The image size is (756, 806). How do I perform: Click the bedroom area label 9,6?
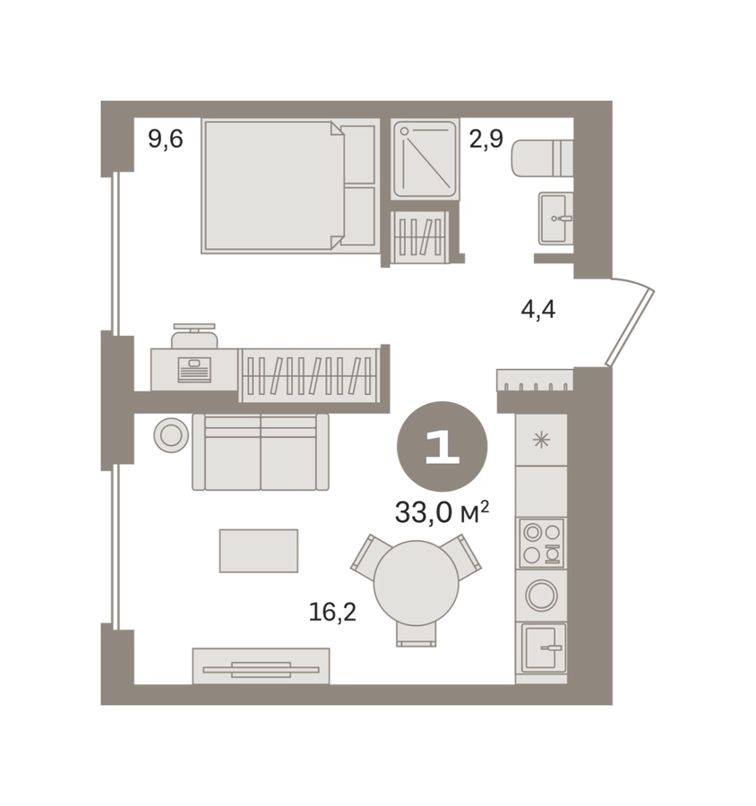pos(165,139)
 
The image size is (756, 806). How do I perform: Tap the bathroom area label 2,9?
pos(485,138)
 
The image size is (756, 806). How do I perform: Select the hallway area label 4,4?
pos(538,310)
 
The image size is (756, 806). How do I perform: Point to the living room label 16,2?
pos(332,612)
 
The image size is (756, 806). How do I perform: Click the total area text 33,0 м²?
pos(442,512)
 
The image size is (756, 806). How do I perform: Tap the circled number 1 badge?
pos(442,446)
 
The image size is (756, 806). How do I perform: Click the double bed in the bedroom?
pos(290,186)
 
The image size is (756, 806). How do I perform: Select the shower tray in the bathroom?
pos(425,159)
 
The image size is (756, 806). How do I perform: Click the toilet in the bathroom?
pos(542,158)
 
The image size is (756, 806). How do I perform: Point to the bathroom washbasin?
pos(555,219)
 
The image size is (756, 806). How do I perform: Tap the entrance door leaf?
pos(630,328)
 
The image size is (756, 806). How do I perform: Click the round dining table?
pos(416,582)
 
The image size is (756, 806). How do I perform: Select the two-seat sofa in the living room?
pos(261,452)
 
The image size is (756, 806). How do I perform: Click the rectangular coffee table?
pos(259,551)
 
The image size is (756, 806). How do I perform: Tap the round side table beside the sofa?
pos(171,435)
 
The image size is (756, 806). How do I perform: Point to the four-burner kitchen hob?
pos(542,544)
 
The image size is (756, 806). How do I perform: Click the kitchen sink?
pos(544,648)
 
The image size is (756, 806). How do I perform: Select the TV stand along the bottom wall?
pos(261,666)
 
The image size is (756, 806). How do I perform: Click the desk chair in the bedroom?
pos(194,336)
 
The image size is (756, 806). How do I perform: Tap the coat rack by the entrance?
pos(535,381)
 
